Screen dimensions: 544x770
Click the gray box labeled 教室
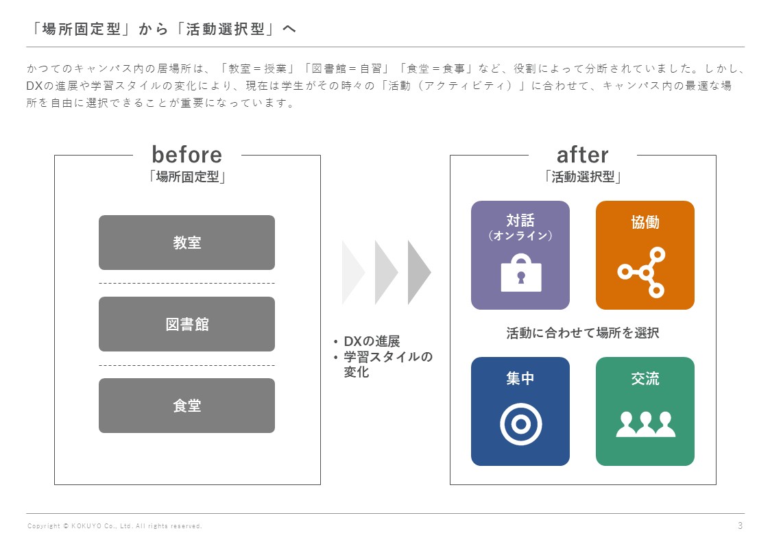point(187,243)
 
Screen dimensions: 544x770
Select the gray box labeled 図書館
point(187,324)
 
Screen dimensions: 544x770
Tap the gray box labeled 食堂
point(187,406)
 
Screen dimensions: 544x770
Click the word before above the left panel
point(187,154)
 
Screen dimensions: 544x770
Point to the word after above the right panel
point(582,154)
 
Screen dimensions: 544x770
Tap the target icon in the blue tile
point(520,425)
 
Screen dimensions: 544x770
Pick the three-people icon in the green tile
point(645,425)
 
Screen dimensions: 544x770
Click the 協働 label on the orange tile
point(645,222)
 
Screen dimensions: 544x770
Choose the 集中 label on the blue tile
point(520,378)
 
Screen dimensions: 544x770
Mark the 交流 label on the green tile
point(645,378)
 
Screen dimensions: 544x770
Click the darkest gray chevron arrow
point(418,272)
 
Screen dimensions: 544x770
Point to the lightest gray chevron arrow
point(352,272)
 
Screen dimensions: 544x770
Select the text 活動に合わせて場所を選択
point(583,334)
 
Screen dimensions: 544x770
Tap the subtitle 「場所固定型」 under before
point(187,177)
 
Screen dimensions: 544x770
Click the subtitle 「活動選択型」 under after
point(582,177)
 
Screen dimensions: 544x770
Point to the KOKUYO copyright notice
point(115,526)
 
